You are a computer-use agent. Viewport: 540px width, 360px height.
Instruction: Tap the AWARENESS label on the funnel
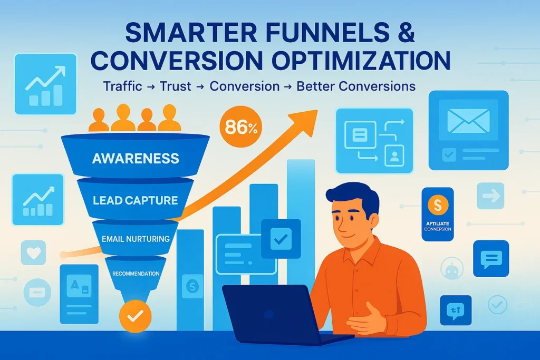[136, 158]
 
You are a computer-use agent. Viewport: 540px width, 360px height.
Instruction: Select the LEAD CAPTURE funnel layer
[135, 200]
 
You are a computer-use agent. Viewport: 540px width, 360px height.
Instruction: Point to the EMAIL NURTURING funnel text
[135, 239]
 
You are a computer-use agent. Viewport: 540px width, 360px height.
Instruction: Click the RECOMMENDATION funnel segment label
[136, 274]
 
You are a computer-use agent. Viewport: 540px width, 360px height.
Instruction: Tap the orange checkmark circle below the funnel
[135, 316]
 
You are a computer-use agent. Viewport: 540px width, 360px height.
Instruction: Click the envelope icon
[468, 121]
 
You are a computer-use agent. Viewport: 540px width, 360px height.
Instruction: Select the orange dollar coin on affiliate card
[438, 205]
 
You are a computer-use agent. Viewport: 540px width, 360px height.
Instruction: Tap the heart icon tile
[33, 252]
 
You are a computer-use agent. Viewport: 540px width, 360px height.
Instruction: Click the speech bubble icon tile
[490, 258]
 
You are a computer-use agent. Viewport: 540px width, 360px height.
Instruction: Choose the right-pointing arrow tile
[490, 197]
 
